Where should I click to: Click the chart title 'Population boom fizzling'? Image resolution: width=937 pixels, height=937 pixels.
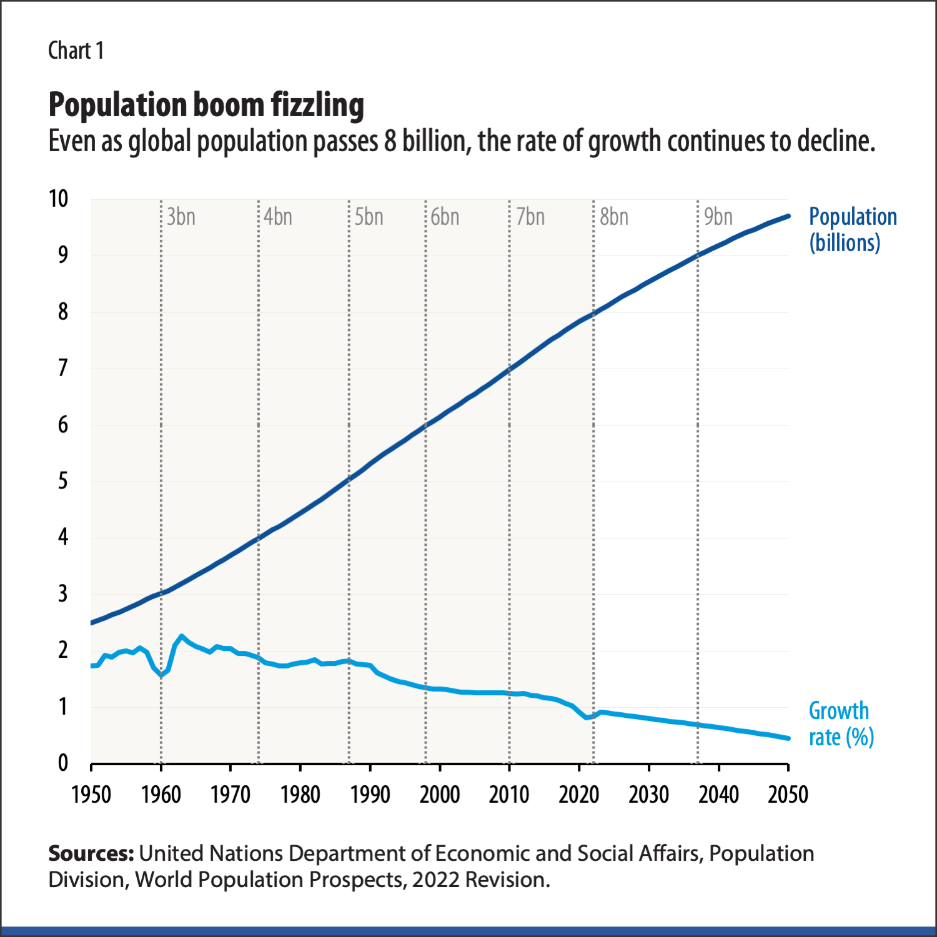coord(206,105)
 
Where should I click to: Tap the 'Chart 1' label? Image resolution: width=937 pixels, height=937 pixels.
coord(76,51)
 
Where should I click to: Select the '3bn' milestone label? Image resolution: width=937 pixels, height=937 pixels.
coord(181,217)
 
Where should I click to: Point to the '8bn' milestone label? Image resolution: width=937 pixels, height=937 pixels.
coord(614,217)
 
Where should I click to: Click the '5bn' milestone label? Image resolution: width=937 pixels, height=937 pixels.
coord(369,217)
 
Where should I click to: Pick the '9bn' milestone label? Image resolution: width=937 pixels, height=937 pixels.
coord(718,217)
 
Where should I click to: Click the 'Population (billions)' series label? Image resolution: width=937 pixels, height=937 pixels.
coord(853,229)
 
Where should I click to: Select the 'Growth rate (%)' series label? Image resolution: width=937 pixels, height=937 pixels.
coord(841,724)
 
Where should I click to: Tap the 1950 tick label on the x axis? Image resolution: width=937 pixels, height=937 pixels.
coord(91,795)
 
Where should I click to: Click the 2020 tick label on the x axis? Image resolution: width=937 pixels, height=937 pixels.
coord(579,795)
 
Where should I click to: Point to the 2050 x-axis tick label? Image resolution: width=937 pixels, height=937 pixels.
coord(788,795)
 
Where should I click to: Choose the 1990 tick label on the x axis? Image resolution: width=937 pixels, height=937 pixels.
coord(370,795)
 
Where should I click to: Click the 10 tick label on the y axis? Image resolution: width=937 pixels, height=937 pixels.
coord(59,199)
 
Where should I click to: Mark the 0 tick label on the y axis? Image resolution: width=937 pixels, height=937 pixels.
coord(63,763)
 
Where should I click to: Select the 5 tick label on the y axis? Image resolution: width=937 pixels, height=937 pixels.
coord(63,481)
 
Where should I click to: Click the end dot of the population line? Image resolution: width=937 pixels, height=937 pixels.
coord(788,216)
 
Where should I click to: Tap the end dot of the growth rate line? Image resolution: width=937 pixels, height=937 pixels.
coord(788,738)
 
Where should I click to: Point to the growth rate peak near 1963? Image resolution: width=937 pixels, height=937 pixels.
coord(182,637)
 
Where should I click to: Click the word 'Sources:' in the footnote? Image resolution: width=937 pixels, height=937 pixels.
coord(91,853)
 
